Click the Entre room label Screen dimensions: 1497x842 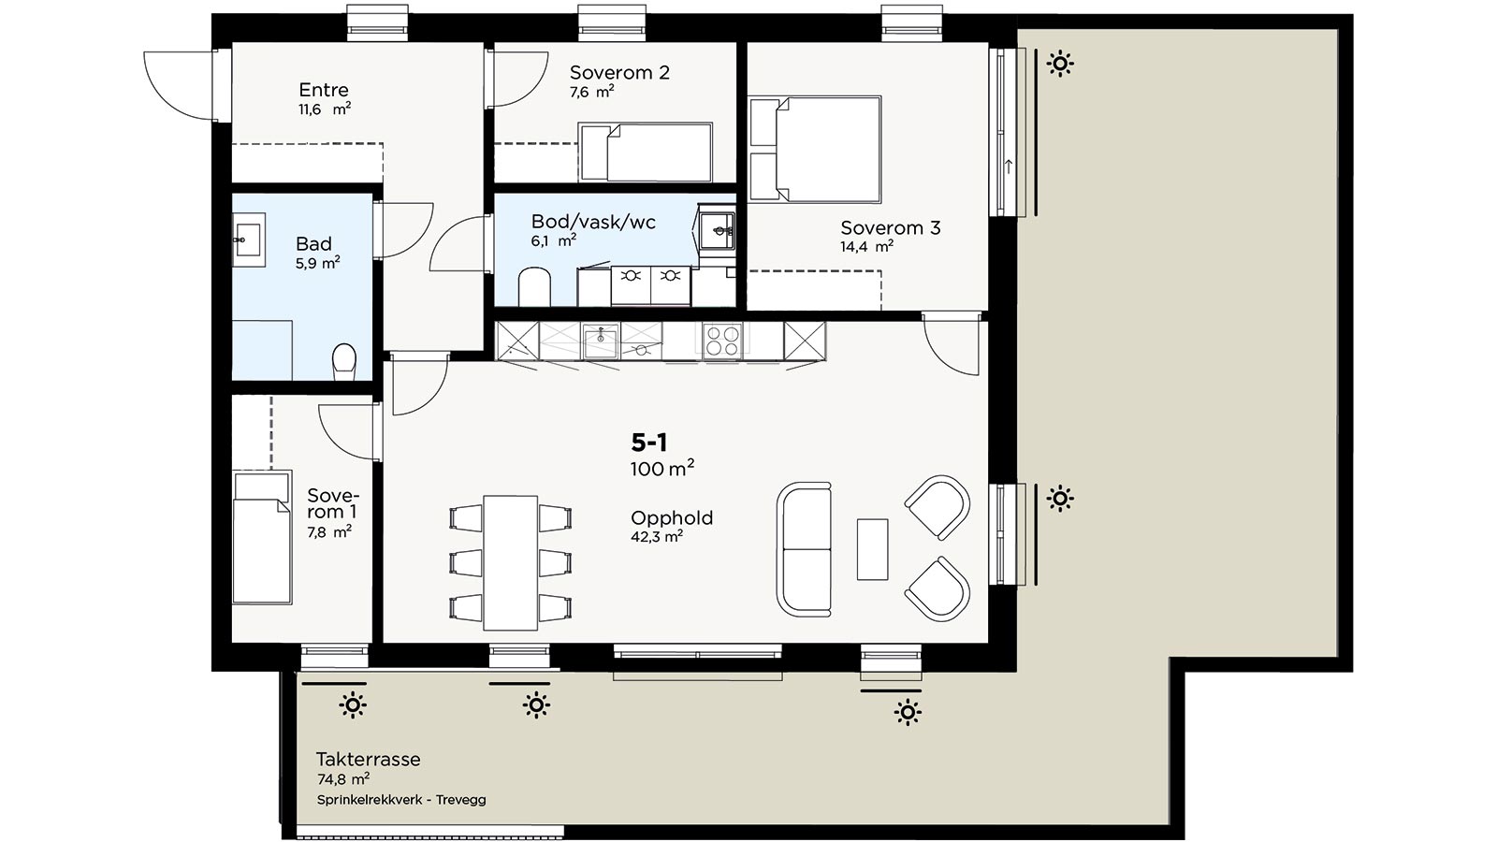click(x=324, y=90)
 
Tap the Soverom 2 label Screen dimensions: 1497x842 click(x=619, y=72)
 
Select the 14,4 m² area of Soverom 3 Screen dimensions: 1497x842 click(x=866, y=247)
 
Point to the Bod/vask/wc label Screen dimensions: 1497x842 click(x=593, y=222)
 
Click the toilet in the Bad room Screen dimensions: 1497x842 click(x=344, y=361)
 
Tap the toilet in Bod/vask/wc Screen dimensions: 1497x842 click(x=534, y=286)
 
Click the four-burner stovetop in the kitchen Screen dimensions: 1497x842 click(x=722, y=341)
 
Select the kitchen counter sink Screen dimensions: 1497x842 click(x=600, y=341)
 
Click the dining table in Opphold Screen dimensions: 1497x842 click(x=511, y=562)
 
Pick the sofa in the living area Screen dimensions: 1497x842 click(x=804, y=549)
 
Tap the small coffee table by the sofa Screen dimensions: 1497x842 click(x=872, y=549)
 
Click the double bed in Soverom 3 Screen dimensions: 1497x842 click(x=815, y=149)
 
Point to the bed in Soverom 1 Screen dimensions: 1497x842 click(x=262, y=537)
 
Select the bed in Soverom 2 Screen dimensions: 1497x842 click(x=645, y=152)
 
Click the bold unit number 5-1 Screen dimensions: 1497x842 click(x=649, y=443)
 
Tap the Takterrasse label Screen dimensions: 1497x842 click(x=369, y=759)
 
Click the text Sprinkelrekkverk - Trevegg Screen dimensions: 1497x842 click(x=401, y=800)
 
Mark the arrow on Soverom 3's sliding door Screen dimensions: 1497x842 click(x=1009, y=166)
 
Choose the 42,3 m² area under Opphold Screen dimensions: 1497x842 click(x=656, y=537)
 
